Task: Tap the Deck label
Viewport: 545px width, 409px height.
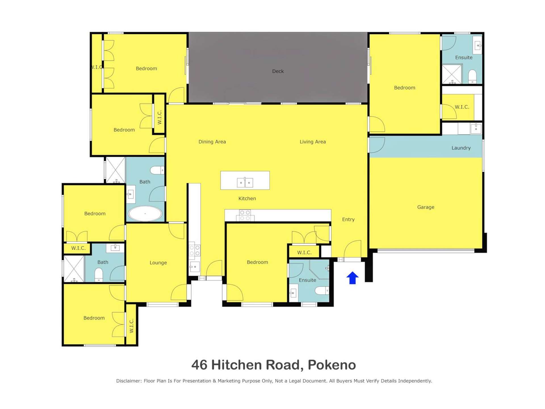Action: point(278,71)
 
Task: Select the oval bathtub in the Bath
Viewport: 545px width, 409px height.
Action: point(145,213)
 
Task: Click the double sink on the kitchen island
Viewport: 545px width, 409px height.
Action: point(245,182)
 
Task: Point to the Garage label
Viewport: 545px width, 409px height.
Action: point(425,207)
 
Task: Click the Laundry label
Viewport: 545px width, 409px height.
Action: point(461,148)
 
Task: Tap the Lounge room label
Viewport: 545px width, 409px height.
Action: point(158,263)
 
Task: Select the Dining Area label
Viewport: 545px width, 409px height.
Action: point(212,142)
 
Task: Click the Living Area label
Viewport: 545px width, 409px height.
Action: point(313,142)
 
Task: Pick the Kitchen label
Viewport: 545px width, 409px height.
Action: point(247,199)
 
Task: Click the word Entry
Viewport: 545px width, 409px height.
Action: point(348,219)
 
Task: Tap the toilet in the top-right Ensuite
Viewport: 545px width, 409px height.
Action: point(472,77)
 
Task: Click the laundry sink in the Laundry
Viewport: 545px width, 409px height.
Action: point(476,128)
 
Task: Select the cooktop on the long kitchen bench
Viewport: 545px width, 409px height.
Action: point(245,215)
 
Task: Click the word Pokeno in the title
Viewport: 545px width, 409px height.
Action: point(332,365)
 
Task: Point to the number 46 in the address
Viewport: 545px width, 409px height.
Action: point(199,365)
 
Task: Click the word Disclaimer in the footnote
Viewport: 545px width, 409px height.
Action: point(128,381)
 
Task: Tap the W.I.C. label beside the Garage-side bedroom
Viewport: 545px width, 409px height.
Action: point(462,107)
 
